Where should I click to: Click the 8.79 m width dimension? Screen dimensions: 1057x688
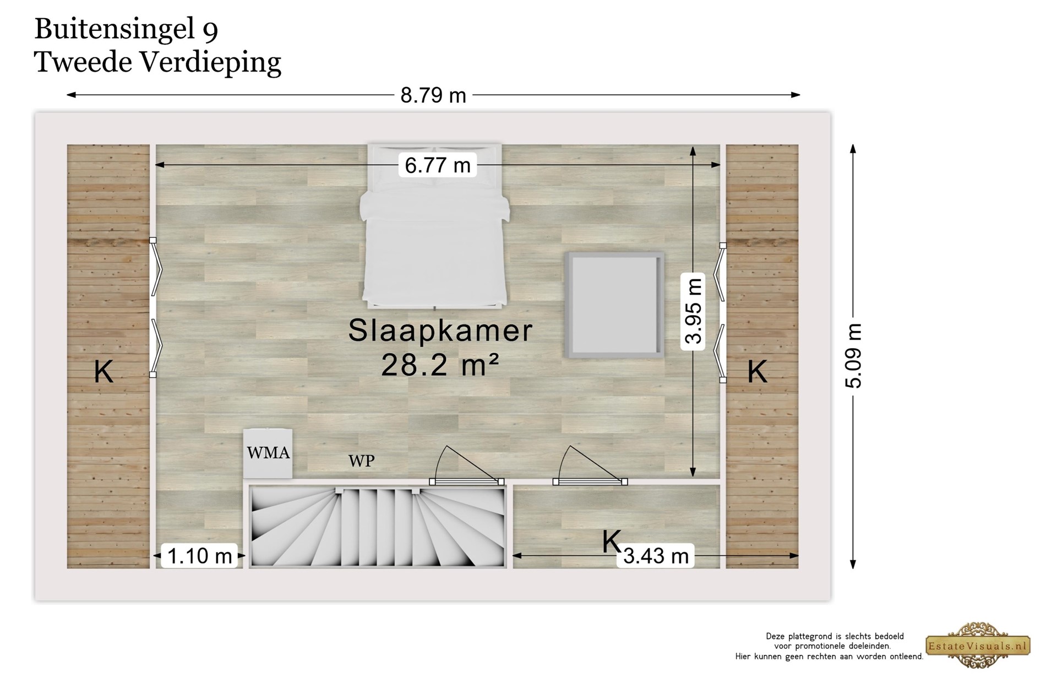433,95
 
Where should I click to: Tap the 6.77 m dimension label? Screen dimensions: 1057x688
438,165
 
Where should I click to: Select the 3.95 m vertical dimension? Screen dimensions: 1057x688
693,311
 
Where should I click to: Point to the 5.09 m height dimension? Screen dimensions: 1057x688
853,355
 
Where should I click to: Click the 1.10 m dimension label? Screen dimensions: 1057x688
199,556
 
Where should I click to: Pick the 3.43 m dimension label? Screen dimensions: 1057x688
656,556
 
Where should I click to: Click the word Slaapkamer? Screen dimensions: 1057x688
440,331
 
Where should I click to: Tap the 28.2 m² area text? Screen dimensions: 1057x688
440,364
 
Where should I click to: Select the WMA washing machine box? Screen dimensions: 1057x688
268,453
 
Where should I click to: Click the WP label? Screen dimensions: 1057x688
361,461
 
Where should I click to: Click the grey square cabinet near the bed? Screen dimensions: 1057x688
614,305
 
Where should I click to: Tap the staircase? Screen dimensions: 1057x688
378,526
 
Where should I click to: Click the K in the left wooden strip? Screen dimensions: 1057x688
103,372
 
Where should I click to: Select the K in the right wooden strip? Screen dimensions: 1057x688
757,372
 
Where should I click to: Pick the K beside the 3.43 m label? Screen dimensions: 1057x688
611,541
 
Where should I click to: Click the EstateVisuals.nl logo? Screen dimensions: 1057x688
978,646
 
